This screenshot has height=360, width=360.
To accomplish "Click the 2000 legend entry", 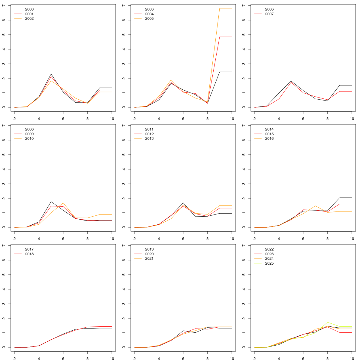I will [29, 9].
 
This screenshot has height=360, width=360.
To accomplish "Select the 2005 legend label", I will [149, 19].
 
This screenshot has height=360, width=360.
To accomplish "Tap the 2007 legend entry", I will [269, 14].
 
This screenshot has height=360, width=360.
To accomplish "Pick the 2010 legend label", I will [29, 139].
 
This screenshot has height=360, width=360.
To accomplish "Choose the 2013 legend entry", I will [149, 139].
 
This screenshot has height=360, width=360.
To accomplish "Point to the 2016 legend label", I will [269, 139].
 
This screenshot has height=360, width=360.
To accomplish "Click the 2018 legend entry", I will [29, 254].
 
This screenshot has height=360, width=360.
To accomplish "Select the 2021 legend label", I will [149, 259].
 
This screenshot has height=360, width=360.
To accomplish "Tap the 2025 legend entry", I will [269, 263].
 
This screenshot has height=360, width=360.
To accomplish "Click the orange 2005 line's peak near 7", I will [220, 8].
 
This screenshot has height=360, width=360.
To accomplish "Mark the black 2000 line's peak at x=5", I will [51, 74].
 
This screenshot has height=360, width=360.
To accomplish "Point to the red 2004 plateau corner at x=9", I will [220, 37].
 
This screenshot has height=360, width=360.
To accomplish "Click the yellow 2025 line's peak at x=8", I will [327, 322].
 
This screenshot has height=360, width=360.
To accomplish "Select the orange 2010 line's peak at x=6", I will [63, 203].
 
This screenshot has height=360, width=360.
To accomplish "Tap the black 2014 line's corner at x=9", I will [340, 198].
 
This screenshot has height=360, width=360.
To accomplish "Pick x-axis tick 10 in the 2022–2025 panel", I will [352, 358].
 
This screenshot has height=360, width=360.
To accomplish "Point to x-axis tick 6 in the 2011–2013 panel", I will [183, 238].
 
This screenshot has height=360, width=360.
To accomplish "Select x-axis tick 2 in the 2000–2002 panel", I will [14, 118].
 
